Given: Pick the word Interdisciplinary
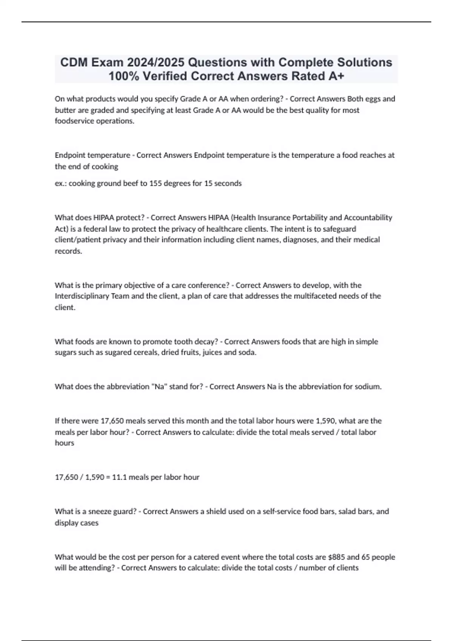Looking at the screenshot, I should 82,296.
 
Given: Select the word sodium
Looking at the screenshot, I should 368,386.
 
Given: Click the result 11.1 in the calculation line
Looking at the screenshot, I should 119,477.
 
